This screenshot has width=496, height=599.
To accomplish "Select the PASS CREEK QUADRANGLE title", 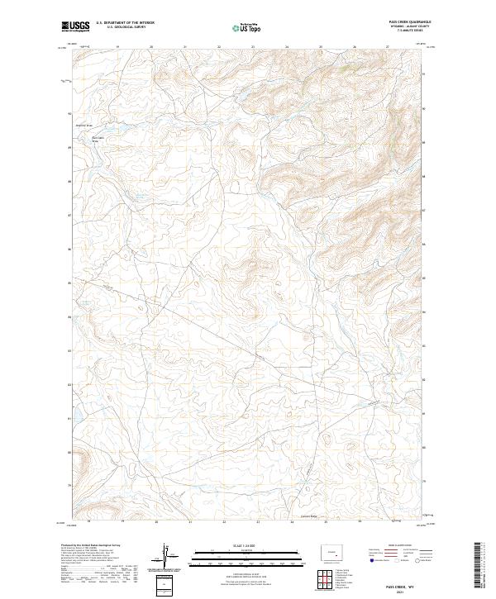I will [408, 21].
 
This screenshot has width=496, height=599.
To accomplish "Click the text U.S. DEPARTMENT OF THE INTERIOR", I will [124, 23].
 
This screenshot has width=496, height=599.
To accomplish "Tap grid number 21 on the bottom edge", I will [190, 522].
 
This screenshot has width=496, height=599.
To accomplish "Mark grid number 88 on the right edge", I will [425, 177].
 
